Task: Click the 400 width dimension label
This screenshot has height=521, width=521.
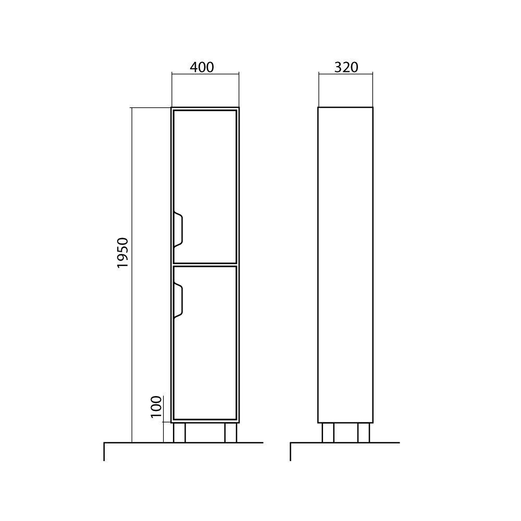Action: [202, 67]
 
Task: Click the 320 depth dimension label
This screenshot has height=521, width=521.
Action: [346, 67]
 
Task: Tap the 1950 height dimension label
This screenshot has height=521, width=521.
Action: [122, 253]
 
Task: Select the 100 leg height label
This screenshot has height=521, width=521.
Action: [156, 407]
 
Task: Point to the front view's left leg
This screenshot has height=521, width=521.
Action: [179, 432]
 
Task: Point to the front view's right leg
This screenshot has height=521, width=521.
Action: [231, 432]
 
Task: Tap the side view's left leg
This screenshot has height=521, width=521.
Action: [328, 432]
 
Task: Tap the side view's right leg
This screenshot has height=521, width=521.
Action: [364, 432]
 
